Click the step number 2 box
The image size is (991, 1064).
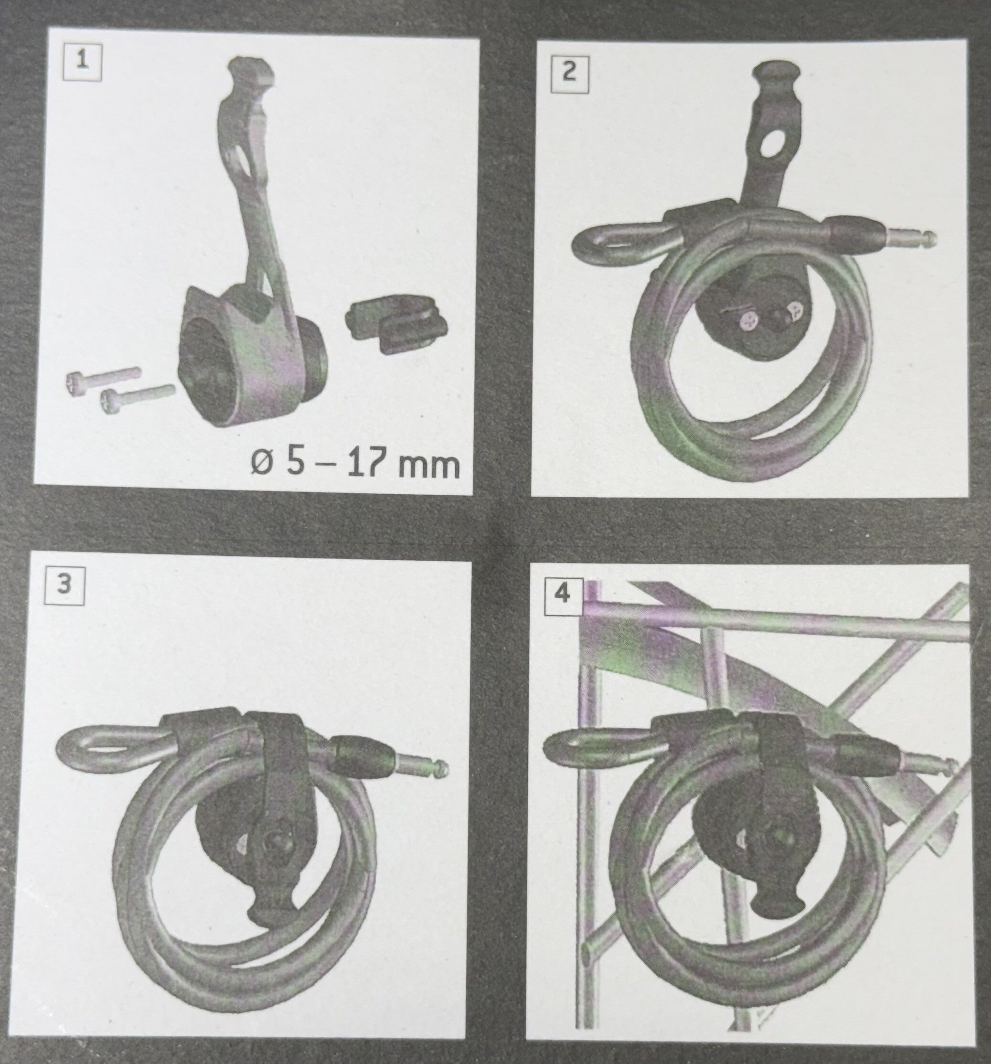570,74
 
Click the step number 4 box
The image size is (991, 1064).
563,594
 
